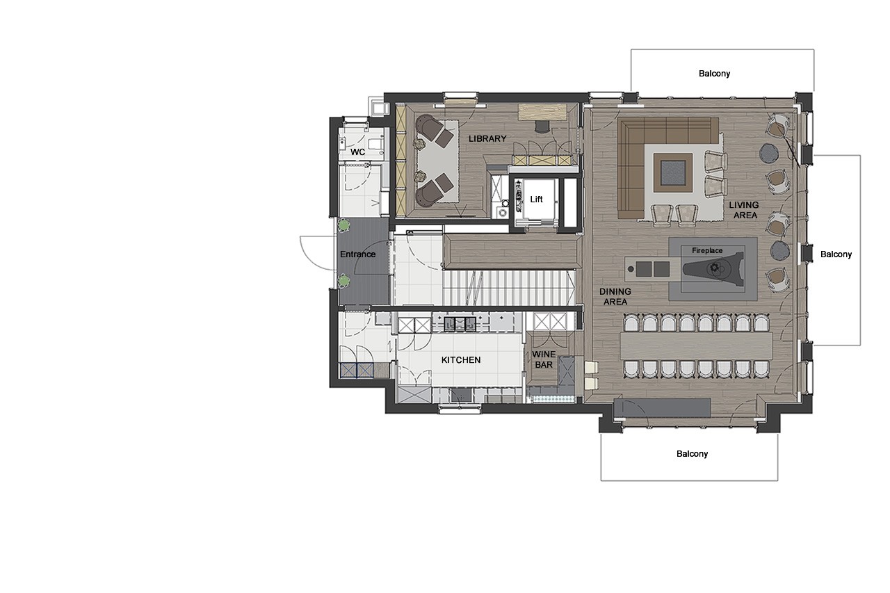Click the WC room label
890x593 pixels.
click(x=357, y=152)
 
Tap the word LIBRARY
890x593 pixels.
click(x=487, y=139)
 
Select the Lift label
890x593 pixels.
click(x=536, y=200)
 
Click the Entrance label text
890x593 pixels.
click(x=357, y=254)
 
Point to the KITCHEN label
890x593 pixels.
click(x=461, y=360)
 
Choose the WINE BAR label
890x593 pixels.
click(x=544, y=359)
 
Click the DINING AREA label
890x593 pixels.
click(x=615, y=297)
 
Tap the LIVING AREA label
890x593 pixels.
click(x=743, y=210)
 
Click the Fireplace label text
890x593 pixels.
click(x=707, y=250)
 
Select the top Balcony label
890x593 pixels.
click(x=714, y=73)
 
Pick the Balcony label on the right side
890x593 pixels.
click(x=836, y=254)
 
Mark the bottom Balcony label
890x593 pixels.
click(x=692, y=453)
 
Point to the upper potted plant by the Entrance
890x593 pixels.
click(x=343, y=225)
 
